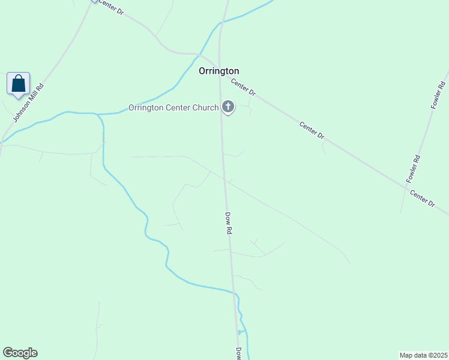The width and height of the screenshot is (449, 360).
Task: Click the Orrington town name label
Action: pyautogui.click(x=219, y=71)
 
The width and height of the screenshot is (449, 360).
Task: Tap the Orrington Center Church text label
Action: pyautogui.click(x=173, y=108)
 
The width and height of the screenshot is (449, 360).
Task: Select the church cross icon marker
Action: pyautogui.click(x=228, y=107)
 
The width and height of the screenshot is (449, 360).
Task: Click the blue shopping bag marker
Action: pyautogui.click(x=18, y=84)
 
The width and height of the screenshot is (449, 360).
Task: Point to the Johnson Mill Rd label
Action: pyautogui.click(x=29, y=103)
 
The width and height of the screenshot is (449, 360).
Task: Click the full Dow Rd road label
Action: pyautogui.click(x=228, y=223)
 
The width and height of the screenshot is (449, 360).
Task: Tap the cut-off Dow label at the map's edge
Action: pyautogui.click(x=238, y=353)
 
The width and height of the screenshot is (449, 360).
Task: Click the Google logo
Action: pyautogui.click(x=20, y=353)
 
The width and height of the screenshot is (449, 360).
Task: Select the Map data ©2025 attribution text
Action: pyautogui.click(x=424, y=355)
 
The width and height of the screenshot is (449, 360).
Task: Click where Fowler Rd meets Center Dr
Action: pyautogui.click(x=405, y=186)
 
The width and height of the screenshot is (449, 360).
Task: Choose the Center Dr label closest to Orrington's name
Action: pyautogui.click(x=244, y=89)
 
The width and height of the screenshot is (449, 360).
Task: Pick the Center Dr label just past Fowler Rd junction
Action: pyautogui.click(x=423, y=199)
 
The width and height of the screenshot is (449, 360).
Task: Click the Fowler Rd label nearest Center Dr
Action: pyautogui.click(x=414, y=169)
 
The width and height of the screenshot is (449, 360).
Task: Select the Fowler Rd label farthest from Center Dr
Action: pyautogui.click(x=438, y=95)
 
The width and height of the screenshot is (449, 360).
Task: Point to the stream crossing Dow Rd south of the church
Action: pyautogui.click(x=234, y=293)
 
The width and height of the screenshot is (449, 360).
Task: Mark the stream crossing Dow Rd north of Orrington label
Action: pyautogui.click(x=221, y=23)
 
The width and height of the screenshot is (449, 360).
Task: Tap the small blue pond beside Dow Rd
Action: pyautogui.click(x=240, y=332)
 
